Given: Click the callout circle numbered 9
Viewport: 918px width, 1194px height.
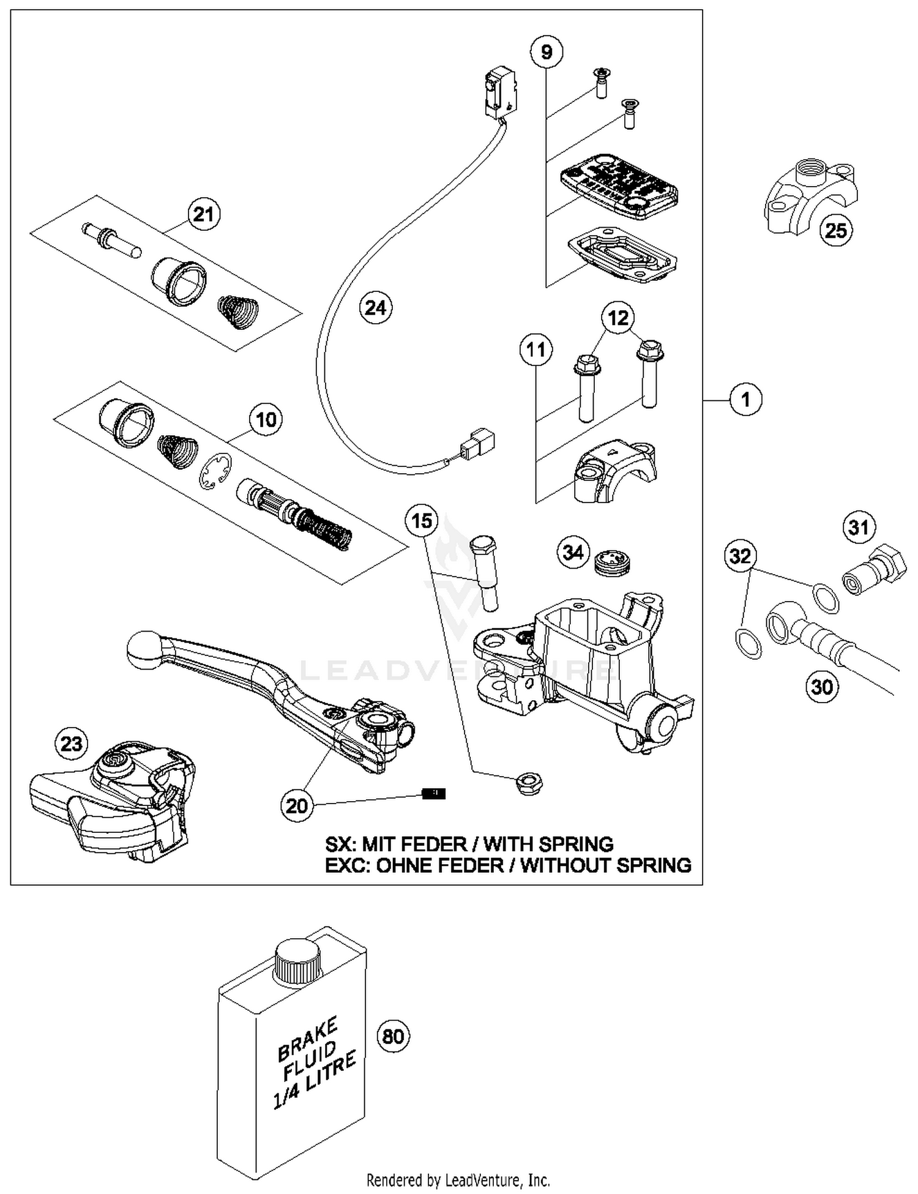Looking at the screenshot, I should (547, 52).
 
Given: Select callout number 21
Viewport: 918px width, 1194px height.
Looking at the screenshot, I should (203, 214).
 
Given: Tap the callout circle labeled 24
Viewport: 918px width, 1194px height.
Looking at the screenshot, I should (375, 307).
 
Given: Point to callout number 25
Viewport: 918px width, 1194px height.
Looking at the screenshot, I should (835, 230).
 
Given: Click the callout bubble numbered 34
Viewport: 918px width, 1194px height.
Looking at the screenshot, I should (573, 553).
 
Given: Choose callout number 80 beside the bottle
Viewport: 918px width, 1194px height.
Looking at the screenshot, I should (393, 1036).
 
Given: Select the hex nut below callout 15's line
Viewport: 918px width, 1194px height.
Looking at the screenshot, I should (529, 783).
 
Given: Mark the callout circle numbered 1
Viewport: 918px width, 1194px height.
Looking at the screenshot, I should (745, 400).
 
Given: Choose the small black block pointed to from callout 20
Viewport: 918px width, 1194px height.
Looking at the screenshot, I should (434, 794).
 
